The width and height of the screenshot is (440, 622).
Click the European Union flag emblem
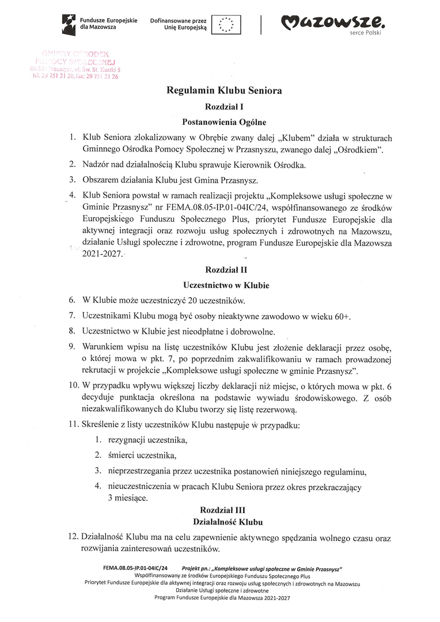tap(227, 24)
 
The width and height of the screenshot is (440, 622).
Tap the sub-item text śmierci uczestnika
tap(142, 456)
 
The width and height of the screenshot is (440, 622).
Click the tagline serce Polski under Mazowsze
tap(365, 33)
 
